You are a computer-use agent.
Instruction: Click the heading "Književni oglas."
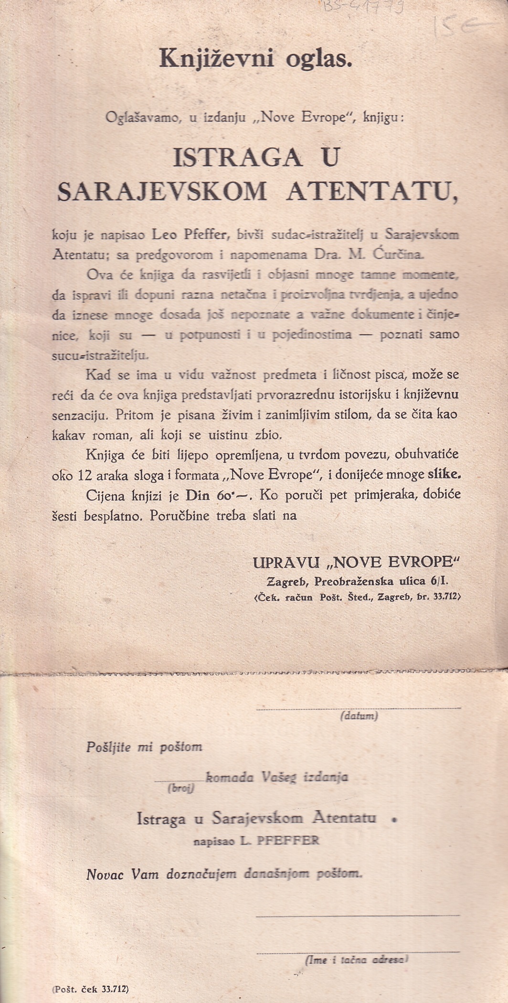click(255, 59)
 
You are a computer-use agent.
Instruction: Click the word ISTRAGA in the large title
click(237, 158)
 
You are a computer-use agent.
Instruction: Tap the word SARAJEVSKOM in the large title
click(162, 192)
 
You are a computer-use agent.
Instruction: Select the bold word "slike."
click(444, 474)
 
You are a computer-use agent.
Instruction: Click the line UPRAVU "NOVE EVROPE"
click(356, 563)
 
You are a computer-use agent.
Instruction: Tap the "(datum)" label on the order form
click(359, 716)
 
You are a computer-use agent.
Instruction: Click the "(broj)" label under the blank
click(180, 789)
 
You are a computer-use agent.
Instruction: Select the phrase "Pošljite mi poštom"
click(144, 747)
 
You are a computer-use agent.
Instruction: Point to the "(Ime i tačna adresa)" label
click(356, 959)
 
